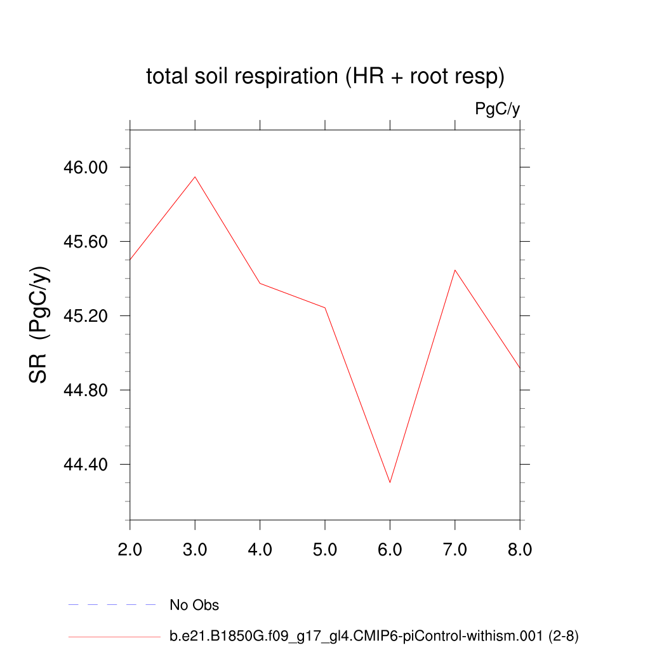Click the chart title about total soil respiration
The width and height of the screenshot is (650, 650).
[325, 77]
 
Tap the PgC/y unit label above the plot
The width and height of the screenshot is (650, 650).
[497, 109]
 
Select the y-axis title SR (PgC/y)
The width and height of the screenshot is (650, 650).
[39, 324]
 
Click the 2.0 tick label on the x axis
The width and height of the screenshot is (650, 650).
[130, 549]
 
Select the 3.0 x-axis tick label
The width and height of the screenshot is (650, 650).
[195, 549]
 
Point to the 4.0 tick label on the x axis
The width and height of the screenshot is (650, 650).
[260, 549]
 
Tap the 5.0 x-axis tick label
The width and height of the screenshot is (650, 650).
[325, 549]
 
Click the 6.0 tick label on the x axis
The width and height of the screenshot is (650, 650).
[390, 549]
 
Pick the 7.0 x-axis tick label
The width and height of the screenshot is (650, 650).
[455, 549]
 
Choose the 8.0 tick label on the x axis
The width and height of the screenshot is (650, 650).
[520, 549]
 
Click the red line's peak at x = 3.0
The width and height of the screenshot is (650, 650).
[195, 176]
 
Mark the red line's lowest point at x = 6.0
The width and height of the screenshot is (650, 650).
[390, 482]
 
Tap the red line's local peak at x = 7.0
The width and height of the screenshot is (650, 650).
[455, 270]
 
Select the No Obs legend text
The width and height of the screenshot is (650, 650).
[194, 606]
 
